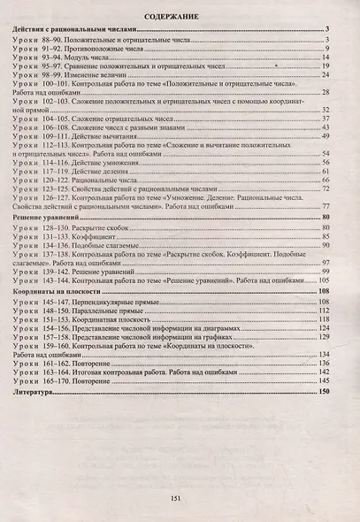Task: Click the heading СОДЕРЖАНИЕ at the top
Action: pyautogui.click(x=180, y=17)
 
